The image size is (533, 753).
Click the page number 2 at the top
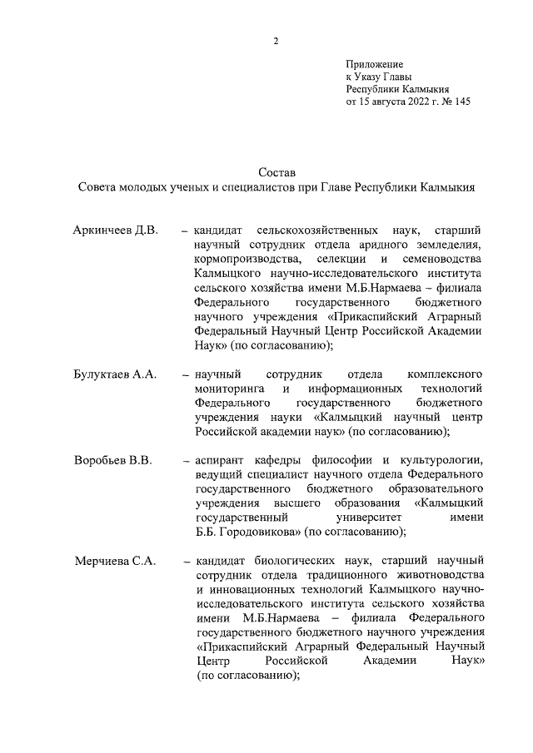click(275, 42)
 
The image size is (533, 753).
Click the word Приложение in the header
click(375, 64)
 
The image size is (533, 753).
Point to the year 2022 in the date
click(406, 102)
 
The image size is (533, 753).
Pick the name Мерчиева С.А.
click(115, 562)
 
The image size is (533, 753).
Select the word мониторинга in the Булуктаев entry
click(230, 389)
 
